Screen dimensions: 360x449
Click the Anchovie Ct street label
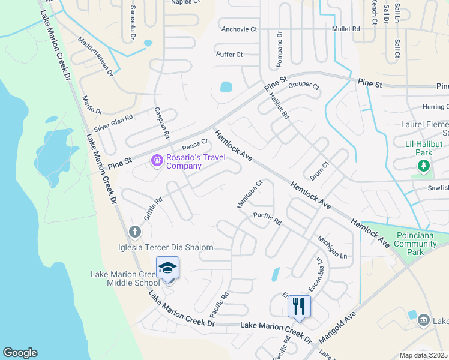[239, 29]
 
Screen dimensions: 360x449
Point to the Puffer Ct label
[229, 55]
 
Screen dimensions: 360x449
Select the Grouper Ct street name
[304, 85]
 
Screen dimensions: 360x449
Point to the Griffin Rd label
[153, 209]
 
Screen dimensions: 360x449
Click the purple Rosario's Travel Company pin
[157, 160]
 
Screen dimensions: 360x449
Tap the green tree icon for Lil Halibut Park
[424, 166]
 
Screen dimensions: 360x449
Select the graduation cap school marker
[168, 268]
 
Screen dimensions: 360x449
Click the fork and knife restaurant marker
[299, 306]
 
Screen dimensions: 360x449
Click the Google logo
[20, 353]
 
